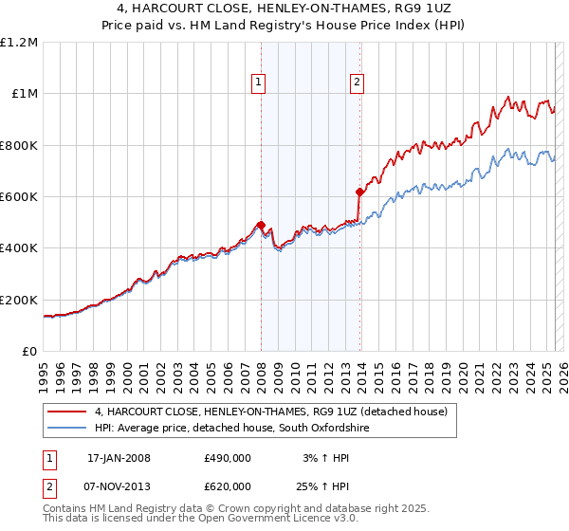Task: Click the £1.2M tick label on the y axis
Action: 18,42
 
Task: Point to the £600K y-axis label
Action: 18,197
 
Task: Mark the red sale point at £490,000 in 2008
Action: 261,225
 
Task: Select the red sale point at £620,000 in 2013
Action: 359,192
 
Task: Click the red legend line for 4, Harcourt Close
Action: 67,412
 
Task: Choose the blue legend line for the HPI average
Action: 67,428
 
